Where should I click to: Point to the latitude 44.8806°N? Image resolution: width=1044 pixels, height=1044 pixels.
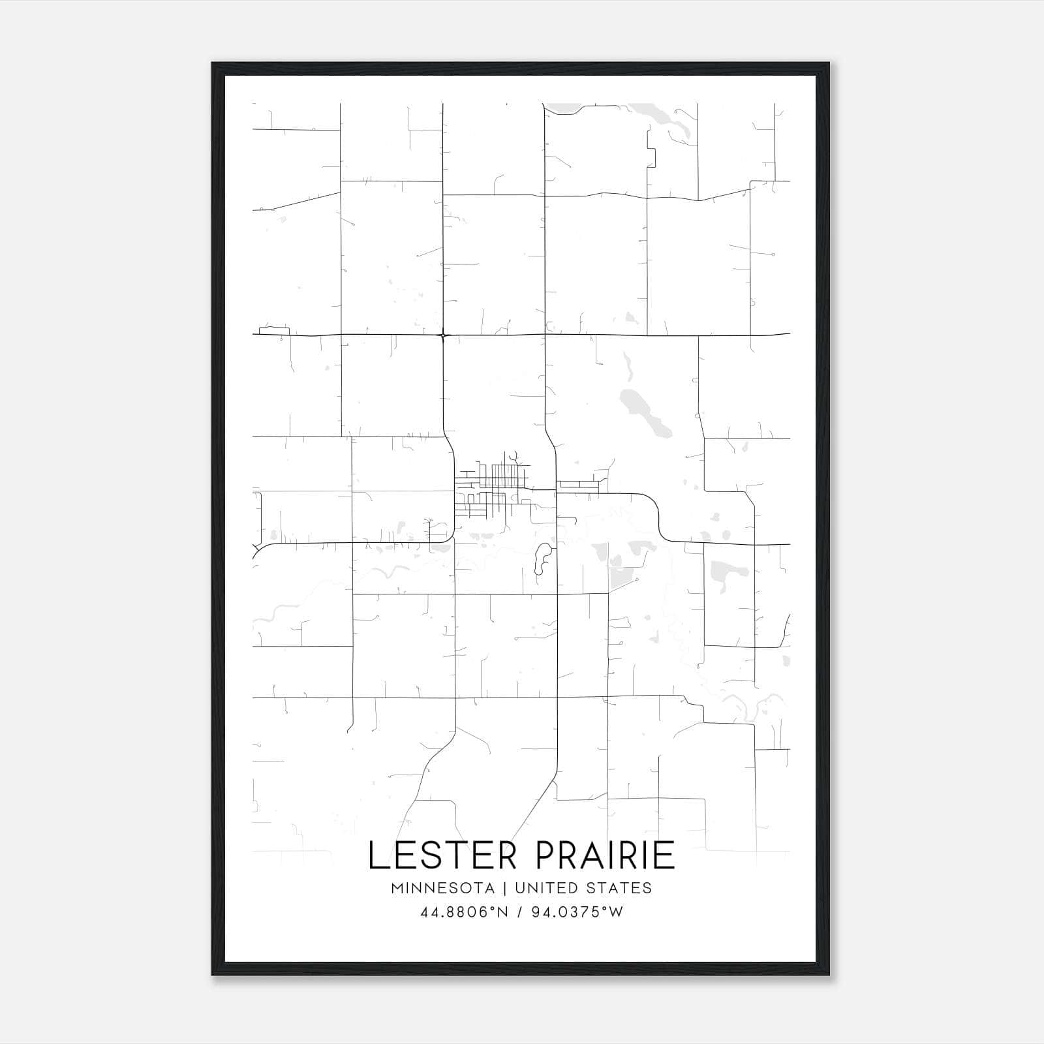tap(465, 912)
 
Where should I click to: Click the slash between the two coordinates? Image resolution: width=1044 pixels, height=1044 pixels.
tap(519, 912)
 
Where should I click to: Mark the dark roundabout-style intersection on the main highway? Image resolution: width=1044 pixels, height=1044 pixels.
tap(443, 335)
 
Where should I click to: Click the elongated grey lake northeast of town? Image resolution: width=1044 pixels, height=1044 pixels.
tap(643, 414)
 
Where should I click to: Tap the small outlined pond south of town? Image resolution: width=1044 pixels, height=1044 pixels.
tap(542, 560)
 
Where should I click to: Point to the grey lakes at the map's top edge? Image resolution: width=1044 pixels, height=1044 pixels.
tap(672, 121)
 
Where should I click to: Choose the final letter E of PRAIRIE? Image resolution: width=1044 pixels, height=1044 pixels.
tap(666, 855)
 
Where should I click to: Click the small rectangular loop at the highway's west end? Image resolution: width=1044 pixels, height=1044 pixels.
tap(274, 330)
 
